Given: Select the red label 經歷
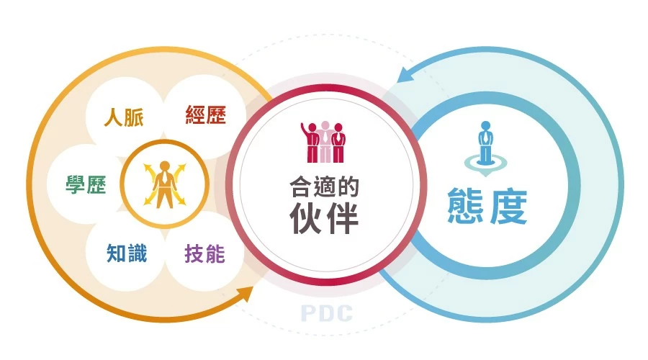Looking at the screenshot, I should (x=205, y=115).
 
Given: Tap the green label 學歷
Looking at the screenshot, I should (x=86, y=185).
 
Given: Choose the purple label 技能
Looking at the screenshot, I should (x=204, y=253).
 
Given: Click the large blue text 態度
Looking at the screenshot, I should (x=487, y=206).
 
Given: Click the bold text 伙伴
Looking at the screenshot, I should (x=324, y=218).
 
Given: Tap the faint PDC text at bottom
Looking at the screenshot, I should (x=326, y=313).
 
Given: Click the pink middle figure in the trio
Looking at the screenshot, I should (x=324, y=141).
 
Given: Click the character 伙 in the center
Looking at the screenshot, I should (x=307, y=218).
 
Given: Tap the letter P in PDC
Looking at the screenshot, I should (x=308, y=313).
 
